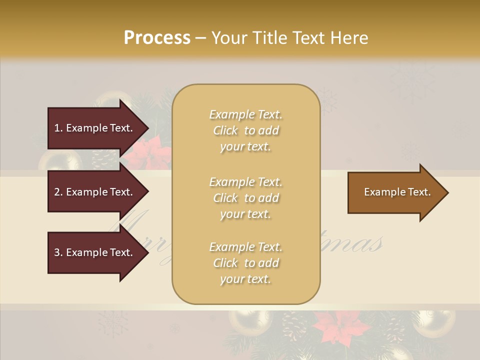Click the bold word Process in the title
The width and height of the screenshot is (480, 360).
click(157, 38)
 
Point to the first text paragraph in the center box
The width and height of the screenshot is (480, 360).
click(245, 130)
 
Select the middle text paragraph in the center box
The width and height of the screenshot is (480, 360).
click(245, 198)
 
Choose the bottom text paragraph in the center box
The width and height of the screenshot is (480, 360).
click(245, 263)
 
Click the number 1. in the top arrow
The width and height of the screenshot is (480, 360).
click(58, 128)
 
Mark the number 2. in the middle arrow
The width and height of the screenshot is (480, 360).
click(58, 192)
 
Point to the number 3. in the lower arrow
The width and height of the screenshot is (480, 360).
click(58, 252)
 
